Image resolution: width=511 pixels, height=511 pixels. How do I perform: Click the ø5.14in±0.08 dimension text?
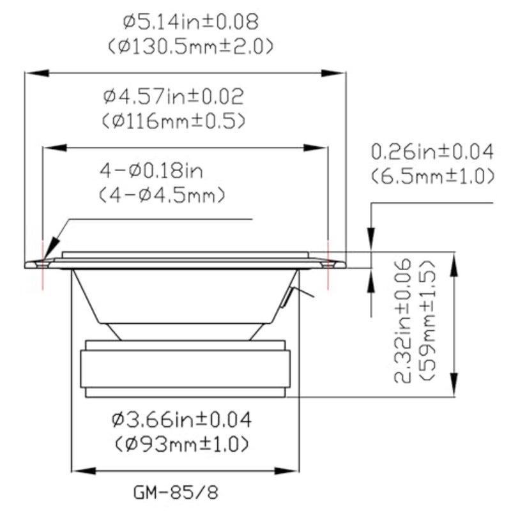point(191,22)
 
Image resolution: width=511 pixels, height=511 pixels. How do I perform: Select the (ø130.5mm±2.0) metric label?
point(190,47)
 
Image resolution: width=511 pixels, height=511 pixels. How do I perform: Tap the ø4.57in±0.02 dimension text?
point(173,96)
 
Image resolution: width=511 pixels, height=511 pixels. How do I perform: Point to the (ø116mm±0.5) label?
point(173,121)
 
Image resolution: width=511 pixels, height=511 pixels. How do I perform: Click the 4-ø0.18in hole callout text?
point(151,171)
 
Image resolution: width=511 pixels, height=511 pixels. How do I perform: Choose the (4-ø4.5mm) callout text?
point(162,195)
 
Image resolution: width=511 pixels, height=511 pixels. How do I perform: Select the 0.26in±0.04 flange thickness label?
point(432,152)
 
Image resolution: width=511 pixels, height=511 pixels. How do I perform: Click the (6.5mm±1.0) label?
point(433,176)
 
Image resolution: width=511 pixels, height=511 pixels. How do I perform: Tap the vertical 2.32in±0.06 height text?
point(403,321)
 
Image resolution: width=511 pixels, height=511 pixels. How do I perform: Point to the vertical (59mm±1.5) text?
point(427,321)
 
